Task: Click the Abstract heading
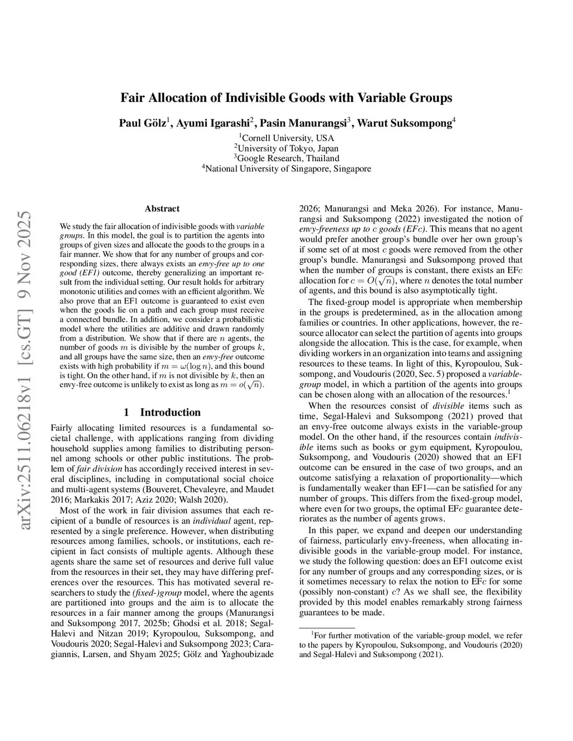pyautogui.click(x=162, y=209)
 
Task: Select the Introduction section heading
pyautogui.click(x=170, y=413)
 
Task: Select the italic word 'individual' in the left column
pyautogui.click(x=210, y=521)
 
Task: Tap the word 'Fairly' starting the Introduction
pyautogui.click(x=62, y=427)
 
